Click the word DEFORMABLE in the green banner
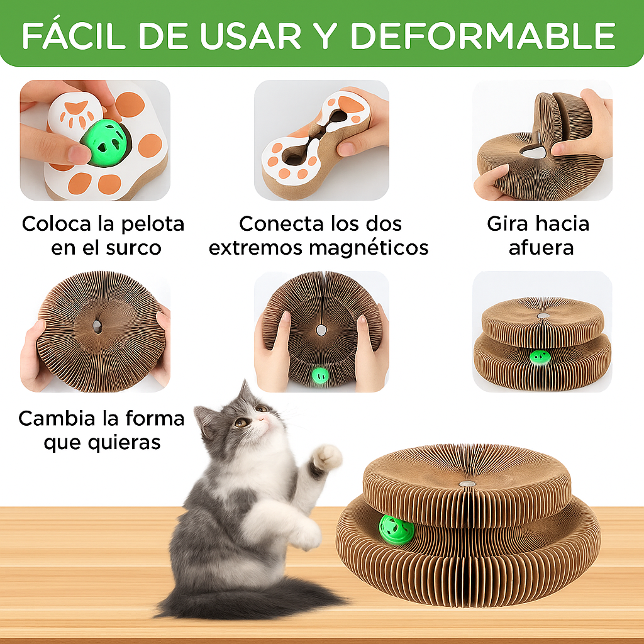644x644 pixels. coord(483,36)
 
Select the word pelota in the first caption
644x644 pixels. coord(153,224)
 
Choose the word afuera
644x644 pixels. coord(541,248)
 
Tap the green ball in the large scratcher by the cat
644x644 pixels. coord(396,530)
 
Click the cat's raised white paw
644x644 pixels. coord(327,457)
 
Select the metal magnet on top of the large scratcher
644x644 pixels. coord(467,484)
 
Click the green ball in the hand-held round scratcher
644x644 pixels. coord(320,375)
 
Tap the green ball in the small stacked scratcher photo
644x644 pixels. coord(540,357)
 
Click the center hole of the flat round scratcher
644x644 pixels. coord(97,326)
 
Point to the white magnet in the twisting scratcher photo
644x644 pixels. coord(535,152)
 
